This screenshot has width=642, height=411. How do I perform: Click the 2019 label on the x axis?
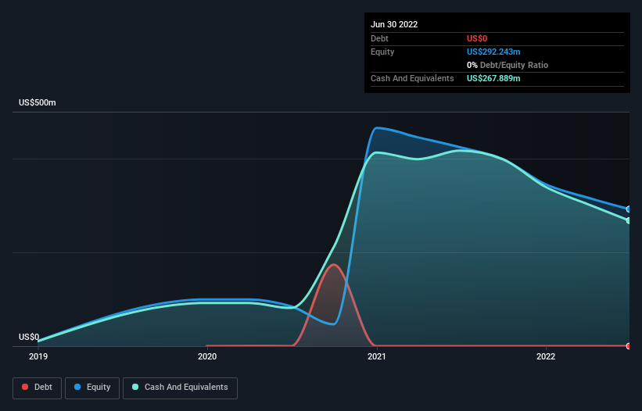pos(38,356)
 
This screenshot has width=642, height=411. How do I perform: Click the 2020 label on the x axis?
pos(207,356)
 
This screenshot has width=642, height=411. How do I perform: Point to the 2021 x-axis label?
pos(376,356)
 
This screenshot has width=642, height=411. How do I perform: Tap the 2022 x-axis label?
pos(546,356)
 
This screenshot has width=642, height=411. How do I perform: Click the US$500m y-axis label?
pos(38,103)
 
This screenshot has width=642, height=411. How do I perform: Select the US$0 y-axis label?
pos(29,338)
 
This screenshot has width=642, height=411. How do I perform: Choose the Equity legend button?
pos(92,388)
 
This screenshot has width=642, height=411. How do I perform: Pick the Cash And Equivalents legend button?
pos(180,388)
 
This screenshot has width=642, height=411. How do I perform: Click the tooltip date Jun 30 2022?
pos(394,24)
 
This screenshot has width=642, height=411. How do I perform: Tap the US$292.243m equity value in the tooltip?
pos(493,52)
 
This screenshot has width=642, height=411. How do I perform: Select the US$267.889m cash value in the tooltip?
pos(493,79)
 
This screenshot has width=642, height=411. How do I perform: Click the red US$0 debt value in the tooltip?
pos(477,38)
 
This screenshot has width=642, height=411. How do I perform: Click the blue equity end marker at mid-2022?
pos(629,209)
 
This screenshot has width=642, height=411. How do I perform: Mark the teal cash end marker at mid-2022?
pos(629,220)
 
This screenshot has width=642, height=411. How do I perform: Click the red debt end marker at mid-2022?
pos(629,345)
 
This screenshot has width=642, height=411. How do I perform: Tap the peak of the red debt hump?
pos(335,265)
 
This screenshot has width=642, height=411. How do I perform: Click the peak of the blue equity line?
pos(378,128)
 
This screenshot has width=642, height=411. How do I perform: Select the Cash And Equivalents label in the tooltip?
pos(412,79)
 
